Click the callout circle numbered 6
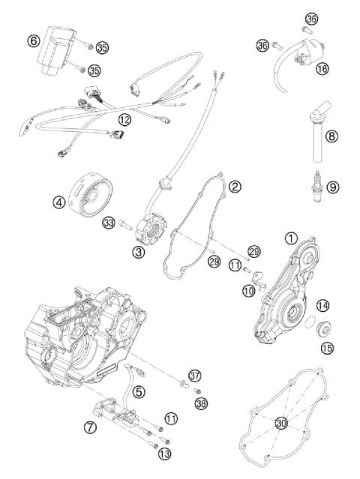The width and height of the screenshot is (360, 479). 34,40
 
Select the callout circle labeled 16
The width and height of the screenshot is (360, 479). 322,68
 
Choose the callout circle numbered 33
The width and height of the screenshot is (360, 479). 109,222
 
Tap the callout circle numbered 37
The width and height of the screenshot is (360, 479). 196,375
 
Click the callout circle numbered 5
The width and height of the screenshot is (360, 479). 138,391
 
